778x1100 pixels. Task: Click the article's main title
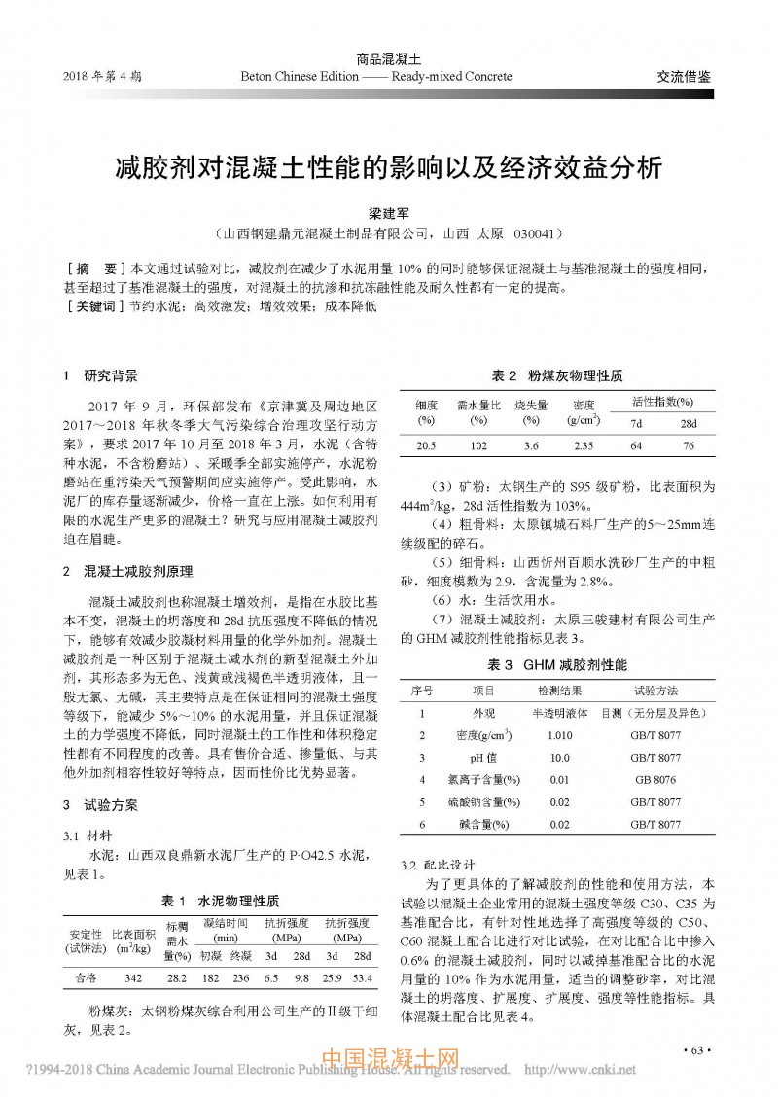coord(389,166)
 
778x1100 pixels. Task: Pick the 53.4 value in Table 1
coord(363,976)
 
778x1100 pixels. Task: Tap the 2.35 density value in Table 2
coord(583,445)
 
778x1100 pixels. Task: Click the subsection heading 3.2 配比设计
coord(437,864)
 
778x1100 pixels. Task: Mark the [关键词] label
coord(88,307)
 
